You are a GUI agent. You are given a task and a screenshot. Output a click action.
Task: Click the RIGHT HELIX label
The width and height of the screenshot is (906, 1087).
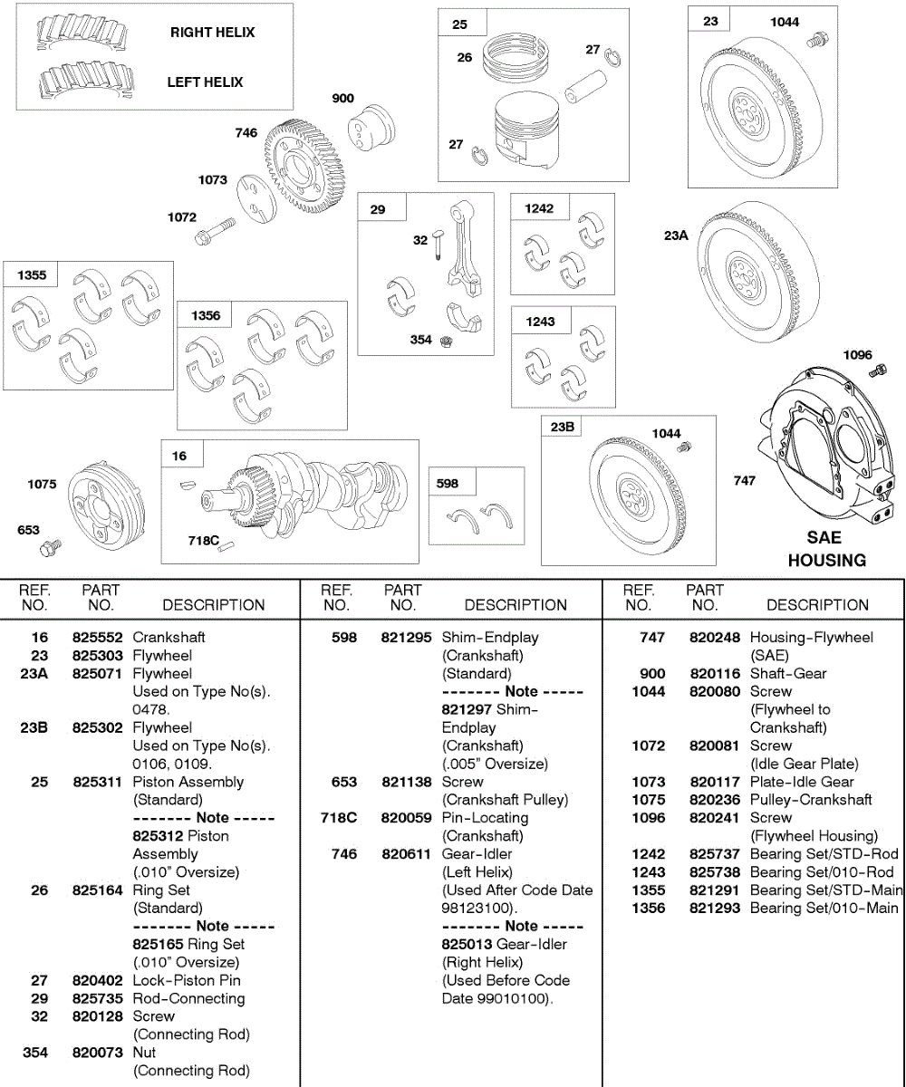point(212,33)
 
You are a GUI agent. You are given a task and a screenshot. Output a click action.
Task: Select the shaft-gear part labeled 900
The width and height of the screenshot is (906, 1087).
point(371,128)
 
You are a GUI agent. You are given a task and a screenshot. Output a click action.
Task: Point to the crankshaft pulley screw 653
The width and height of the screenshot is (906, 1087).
point(50,547)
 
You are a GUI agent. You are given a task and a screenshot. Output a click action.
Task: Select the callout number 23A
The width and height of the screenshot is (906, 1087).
point(676,235)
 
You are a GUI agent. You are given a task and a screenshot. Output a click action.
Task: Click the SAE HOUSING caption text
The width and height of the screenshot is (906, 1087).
point(826,549)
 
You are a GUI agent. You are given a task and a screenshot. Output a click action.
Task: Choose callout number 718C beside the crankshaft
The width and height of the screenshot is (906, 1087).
point(204,541)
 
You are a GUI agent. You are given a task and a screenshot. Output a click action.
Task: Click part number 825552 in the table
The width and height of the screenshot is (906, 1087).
point(97,638)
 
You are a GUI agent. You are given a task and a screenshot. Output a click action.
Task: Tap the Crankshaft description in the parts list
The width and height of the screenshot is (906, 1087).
point(169,638)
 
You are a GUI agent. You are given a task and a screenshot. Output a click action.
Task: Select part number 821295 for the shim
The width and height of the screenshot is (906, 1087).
point(406,638)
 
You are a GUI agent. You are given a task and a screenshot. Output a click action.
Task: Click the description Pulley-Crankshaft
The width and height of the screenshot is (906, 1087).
point(811,800)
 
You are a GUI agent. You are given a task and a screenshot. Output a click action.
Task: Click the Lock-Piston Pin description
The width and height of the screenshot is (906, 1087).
point(187,980)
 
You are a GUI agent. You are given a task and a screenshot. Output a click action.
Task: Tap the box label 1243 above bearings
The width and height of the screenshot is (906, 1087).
point(540,322)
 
